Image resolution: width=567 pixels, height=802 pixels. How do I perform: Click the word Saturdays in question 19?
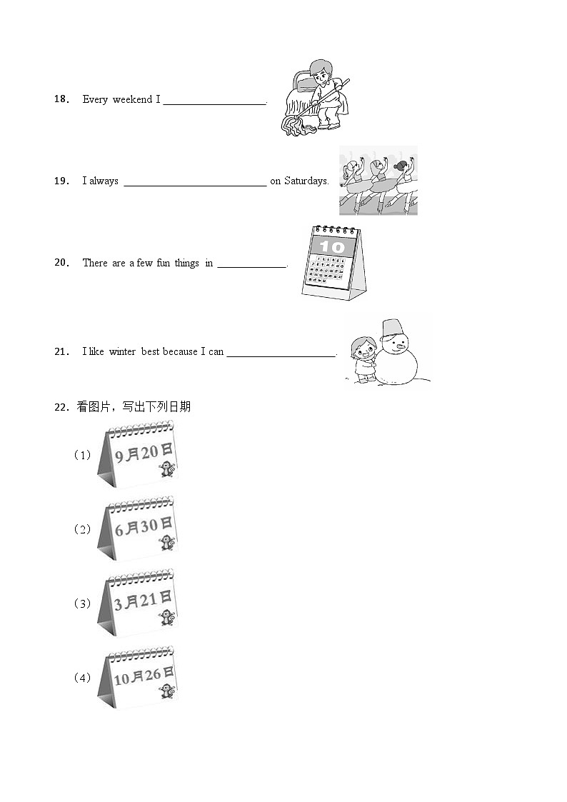[306, 181]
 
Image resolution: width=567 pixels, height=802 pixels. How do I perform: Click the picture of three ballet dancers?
[378, 181]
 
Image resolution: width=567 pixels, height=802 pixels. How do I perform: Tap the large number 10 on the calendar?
[331, 247]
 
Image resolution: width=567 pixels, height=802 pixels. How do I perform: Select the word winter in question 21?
[122, 351]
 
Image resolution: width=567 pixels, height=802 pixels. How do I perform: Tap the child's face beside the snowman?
[362, 350]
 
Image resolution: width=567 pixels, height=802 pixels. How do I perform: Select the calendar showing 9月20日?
[138, 454]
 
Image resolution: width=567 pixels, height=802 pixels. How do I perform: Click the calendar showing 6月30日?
[138, 528]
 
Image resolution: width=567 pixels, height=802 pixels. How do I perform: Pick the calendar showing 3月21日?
[138, 603]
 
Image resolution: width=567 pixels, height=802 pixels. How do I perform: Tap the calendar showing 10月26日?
[138, 677]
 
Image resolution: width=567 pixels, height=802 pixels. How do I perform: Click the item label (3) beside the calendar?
[83, 603]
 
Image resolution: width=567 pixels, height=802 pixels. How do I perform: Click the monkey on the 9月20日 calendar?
[166, 470]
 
